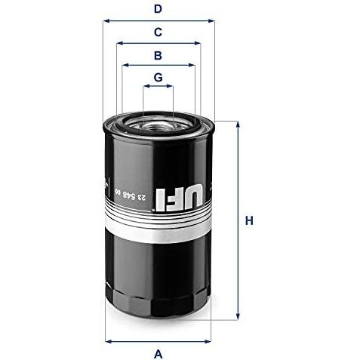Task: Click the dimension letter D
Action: tap(158, 9)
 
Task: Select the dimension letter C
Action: tap(158, 32)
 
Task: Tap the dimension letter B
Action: tap(158, 55)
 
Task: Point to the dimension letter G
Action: tap(158, 78)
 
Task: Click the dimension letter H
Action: tap(249, 220)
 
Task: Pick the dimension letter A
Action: tap(158, 354)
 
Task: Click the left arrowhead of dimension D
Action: tap(106, 20)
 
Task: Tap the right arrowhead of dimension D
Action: tap(211, 20)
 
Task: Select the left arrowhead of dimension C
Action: tap(120, 43)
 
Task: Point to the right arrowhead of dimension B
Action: tap(192, 65)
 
